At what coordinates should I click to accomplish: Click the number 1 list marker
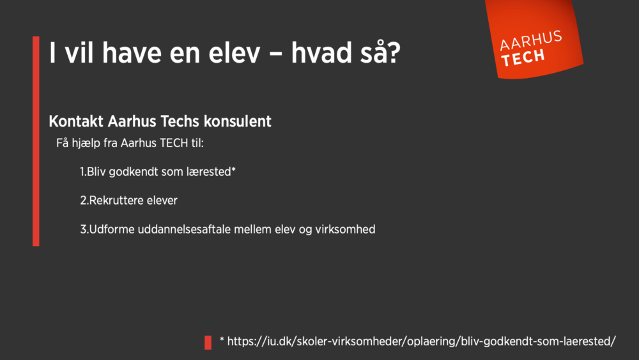82,172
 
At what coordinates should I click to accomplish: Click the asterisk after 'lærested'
233,170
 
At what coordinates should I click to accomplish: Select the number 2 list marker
83,200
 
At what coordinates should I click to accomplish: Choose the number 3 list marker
83,229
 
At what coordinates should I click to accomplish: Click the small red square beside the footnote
208,342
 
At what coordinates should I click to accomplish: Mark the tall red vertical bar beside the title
36,141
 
